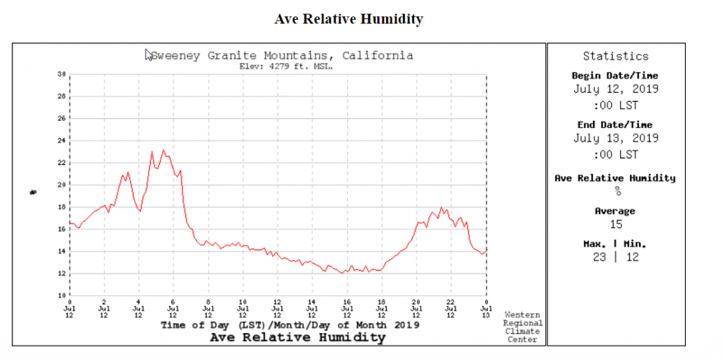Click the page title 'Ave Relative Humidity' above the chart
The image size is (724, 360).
pyautogui.click(x=349, y=19)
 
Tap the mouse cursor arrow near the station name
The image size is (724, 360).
pyautogui.click(x=148, y=54)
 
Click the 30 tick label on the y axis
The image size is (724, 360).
pyautogui.click(x=62, y=74)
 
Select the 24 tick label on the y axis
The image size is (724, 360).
pyautogui.click(x=62, y=141)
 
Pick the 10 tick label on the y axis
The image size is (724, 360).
pyautogui.click(x=62, y=296)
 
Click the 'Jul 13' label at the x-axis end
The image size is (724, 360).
pyautogui.click(x=486, y=311)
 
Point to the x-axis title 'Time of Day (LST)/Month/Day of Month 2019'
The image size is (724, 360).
pyautogui.click(x=291, y=325)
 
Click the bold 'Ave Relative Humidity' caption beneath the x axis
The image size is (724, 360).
pyautogui.click(x=298, y=337)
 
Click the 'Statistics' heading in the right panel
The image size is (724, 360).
pyautogui.click(x=615, y=56)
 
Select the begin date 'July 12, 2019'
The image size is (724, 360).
pyautogui.click(x=615, y=89)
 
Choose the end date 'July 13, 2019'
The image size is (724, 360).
pyautogui.click(x=615, y=138)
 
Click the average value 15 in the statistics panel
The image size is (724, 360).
pyautogui.click(x=615, y=224)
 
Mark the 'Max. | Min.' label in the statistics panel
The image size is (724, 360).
pyautogui.click(x=615, y=243)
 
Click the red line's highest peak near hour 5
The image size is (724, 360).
pyautogui.click(x=163, y=150)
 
